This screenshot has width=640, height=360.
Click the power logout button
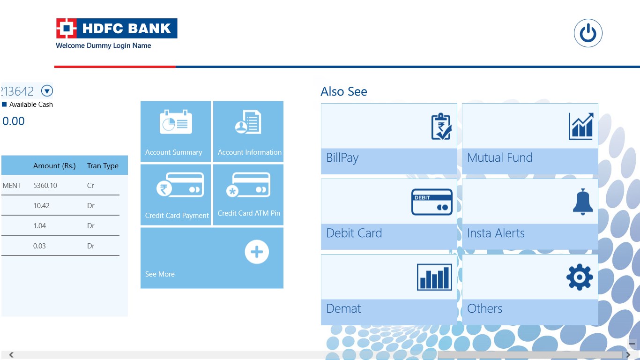[x=588, y=33]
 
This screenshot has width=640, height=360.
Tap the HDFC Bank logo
[x=117, y=28]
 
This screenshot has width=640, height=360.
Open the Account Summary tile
[x=176, y=131]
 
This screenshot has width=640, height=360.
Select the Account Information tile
[x=248, y=131]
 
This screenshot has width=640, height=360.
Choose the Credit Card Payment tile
[x=176, y=195]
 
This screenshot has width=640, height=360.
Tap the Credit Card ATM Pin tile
[x=248, y=195]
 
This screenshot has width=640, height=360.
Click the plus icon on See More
[x=257, y=252]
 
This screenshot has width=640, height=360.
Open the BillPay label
[x=342, y=158]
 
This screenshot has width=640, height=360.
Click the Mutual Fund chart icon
[x=581, y=126]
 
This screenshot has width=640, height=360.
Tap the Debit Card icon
[x=432, y=202]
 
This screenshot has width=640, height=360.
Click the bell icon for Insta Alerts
[x=583, y=202]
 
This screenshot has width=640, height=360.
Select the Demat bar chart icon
[x=434, y=277]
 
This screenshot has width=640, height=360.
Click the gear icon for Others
[x=580, y=277]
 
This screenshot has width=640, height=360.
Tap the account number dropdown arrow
[x=47, y=91]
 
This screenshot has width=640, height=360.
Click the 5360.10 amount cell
[x=45, y=186]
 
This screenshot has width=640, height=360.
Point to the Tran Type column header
[x=103, y=166]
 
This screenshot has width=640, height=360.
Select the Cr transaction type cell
[x=90, y=186]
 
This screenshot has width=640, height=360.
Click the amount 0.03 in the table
[x=39, y=246]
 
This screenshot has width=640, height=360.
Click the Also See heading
[x=344, y=91]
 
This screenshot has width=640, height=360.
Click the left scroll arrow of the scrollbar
[x=11, y=355]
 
